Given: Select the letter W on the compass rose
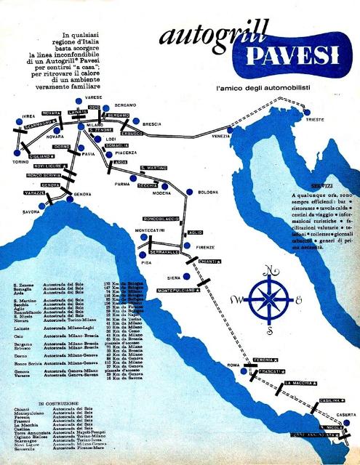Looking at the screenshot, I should click(236, 299).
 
